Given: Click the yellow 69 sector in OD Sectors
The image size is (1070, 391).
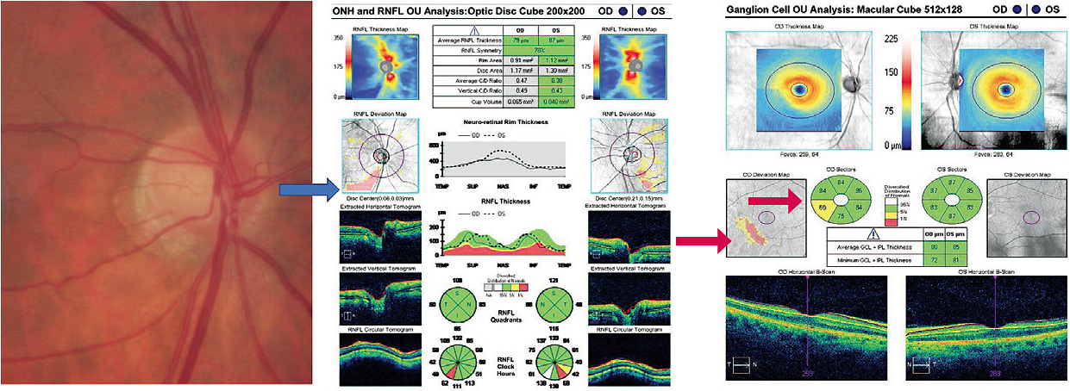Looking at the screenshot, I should (x=823, y=208).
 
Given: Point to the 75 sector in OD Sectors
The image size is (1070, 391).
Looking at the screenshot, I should (x=842, y=219).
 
